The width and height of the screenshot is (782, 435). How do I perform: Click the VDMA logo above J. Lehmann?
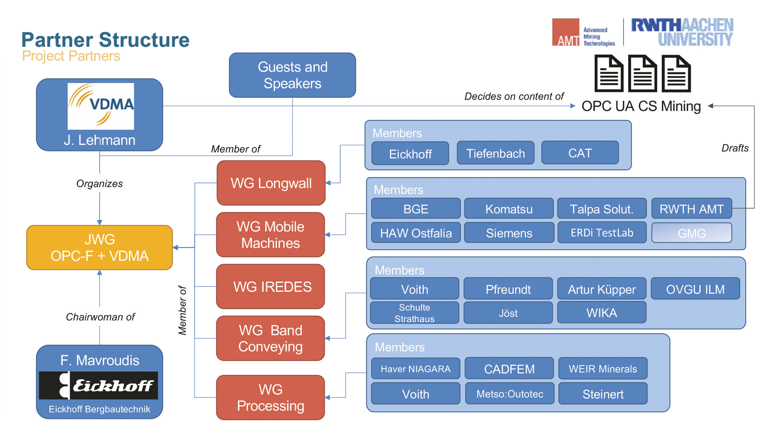coord(100,106)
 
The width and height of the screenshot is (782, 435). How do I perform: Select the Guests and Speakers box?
coord(292,75)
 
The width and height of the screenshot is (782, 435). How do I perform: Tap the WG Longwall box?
coord(271,183)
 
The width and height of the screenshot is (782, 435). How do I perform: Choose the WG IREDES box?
coord(271,287)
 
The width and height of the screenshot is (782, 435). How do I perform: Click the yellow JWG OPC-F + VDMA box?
coord(99,247)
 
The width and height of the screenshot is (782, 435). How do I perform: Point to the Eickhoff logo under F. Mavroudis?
coord(98,385)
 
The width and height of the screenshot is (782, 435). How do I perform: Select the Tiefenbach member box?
coord(495,153)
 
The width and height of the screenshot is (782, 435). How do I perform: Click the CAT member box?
coord(580,153)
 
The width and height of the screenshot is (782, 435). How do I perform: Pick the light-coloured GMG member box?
coord(691,233)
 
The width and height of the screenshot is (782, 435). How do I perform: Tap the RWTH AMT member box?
coord(691,209)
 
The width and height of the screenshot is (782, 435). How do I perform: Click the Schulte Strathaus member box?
coord(414,313)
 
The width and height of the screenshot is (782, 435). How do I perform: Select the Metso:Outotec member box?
coord(509,394)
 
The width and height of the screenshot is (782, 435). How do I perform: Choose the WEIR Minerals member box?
coord(602,369)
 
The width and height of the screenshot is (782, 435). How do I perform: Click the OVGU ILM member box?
coord(695,289)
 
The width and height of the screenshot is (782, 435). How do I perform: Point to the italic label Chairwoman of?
coord(100,317)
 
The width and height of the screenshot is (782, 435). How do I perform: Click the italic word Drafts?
coord(734,148)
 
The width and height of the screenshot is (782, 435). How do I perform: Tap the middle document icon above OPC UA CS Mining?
coord(642,74)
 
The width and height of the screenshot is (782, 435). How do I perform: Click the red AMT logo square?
coord(565,32)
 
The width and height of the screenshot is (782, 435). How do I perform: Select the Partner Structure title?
coord(105,40)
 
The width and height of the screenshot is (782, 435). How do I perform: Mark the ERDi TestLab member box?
coord(602,233)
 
